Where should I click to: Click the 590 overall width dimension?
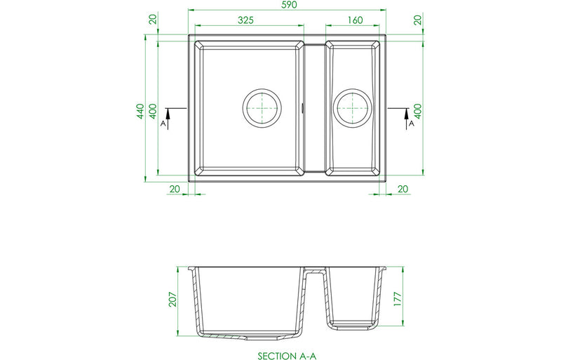tap(289, 6)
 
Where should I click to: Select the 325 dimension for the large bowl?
tap(245, 20)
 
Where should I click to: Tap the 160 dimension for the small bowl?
tap(354, 20)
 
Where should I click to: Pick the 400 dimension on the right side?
tap(418, 110)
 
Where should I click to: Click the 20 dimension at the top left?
tap(152, 20)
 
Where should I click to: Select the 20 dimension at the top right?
tap(418, 20)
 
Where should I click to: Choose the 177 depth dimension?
tap(397, 298)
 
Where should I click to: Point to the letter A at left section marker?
tap(163, 124)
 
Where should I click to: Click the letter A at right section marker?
tap(412, 124)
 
